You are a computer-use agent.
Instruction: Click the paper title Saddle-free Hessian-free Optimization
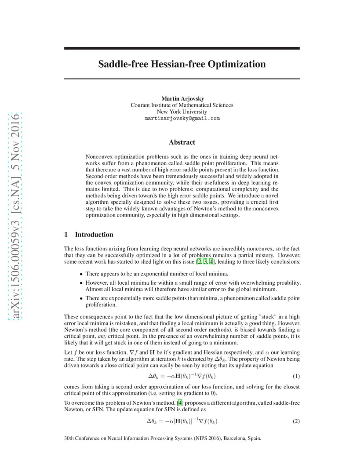pyautogui.click(x=182, y=64)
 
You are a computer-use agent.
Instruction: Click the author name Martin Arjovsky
pyautogui.click(x=182, y=98)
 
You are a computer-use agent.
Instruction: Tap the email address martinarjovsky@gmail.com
pyautogui.click(x=182, y=119)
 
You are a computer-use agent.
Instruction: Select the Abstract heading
pyautogui.click(x=182, y=142)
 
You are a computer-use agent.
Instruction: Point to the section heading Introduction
pyautogui.click(x=94, y=235)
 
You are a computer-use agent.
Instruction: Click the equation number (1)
pyautogui.click(x=296, y=377)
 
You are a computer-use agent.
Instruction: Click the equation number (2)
pyautogui.click(x=296, y=421)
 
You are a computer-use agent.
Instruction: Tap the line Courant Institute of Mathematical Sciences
pyautogui.click(x=182, y=105)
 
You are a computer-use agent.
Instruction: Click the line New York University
pyautogui.click(x=182, y=112)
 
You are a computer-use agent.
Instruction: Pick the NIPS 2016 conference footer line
pyautogui.click(x=162, y=438)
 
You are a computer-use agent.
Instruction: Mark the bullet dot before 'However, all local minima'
pyautogui.click(x=81, y=283)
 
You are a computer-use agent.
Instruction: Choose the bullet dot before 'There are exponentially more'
pyautogui.click(x=81, y=298)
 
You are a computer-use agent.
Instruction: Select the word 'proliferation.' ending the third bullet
pyautogui.click(x=101, y=304)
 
